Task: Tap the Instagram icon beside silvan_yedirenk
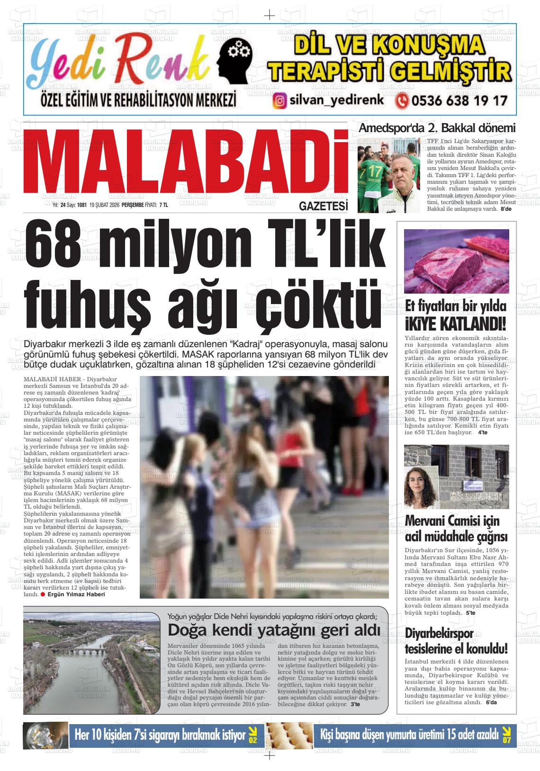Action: [x=280, y=101]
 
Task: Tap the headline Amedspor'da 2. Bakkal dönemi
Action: [x=437, y=128]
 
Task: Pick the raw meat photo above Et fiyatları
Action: [x=456, y=261]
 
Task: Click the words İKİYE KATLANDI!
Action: [x=456, y=324]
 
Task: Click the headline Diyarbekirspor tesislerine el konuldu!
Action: [x=456, y=640]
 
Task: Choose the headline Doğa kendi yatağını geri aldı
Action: [x=274, y=630]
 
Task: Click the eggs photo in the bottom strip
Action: [x=288, y=735]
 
